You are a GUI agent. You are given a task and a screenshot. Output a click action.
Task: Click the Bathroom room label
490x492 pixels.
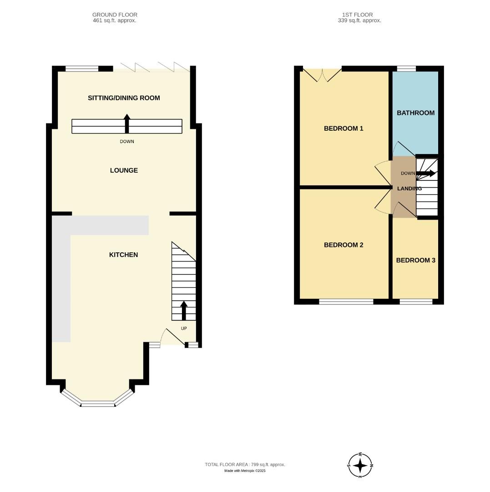pyautogui.click(x=415, y=113)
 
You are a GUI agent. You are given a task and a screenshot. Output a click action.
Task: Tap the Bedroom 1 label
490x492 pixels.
pyautogui.click(x=344, y=128)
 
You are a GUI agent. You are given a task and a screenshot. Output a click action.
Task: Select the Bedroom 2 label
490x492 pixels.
pyautogui.click(x=344, y=245)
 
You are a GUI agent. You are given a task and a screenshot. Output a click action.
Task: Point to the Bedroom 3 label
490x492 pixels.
pyautogui.click(x=415, y=261)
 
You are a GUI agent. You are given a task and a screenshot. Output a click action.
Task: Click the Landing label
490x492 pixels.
pyautogui.click(x=409, y=189)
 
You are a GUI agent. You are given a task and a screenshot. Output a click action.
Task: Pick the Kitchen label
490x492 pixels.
pyautogui.click(x=123, y=255)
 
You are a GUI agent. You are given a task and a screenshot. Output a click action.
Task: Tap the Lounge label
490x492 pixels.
pyautogui.click(x=124, y=170)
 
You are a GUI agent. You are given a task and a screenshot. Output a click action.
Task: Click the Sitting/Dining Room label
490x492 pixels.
pyautogui.click(x=124, y=98)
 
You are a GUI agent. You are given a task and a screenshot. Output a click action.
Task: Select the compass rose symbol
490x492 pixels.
pyautogui.click(x=360, y=466)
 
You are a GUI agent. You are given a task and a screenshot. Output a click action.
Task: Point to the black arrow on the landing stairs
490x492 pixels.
pyautogui.click(x=426, y=173)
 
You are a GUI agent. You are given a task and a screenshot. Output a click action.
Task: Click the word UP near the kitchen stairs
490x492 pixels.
pyautogui.click(x=184, y=328)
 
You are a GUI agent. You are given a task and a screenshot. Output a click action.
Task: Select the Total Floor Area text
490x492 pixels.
pyautogui.click(x=245, y=465)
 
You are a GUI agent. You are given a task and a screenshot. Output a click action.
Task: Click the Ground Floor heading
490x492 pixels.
pyautogui.click(x=115, y=17)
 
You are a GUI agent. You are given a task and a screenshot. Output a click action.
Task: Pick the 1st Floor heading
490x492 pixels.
pyautogui.click(x=359, y=17)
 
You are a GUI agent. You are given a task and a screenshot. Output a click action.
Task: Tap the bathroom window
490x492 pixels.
pyautogui.click(x=406, y=69)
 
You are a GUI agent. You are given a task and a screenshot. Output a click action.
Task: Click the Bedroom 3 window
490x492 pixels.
pyautogui.click(x=416, y=302)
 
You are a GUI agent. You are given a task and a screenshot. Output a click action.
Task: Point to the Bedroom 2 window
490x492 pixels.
pyautogui.click(x=346, y=302)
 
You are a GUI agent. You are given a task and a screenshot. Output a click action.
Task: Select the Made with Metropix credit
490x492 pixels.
pyautogui.click(x=245, y=471)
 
